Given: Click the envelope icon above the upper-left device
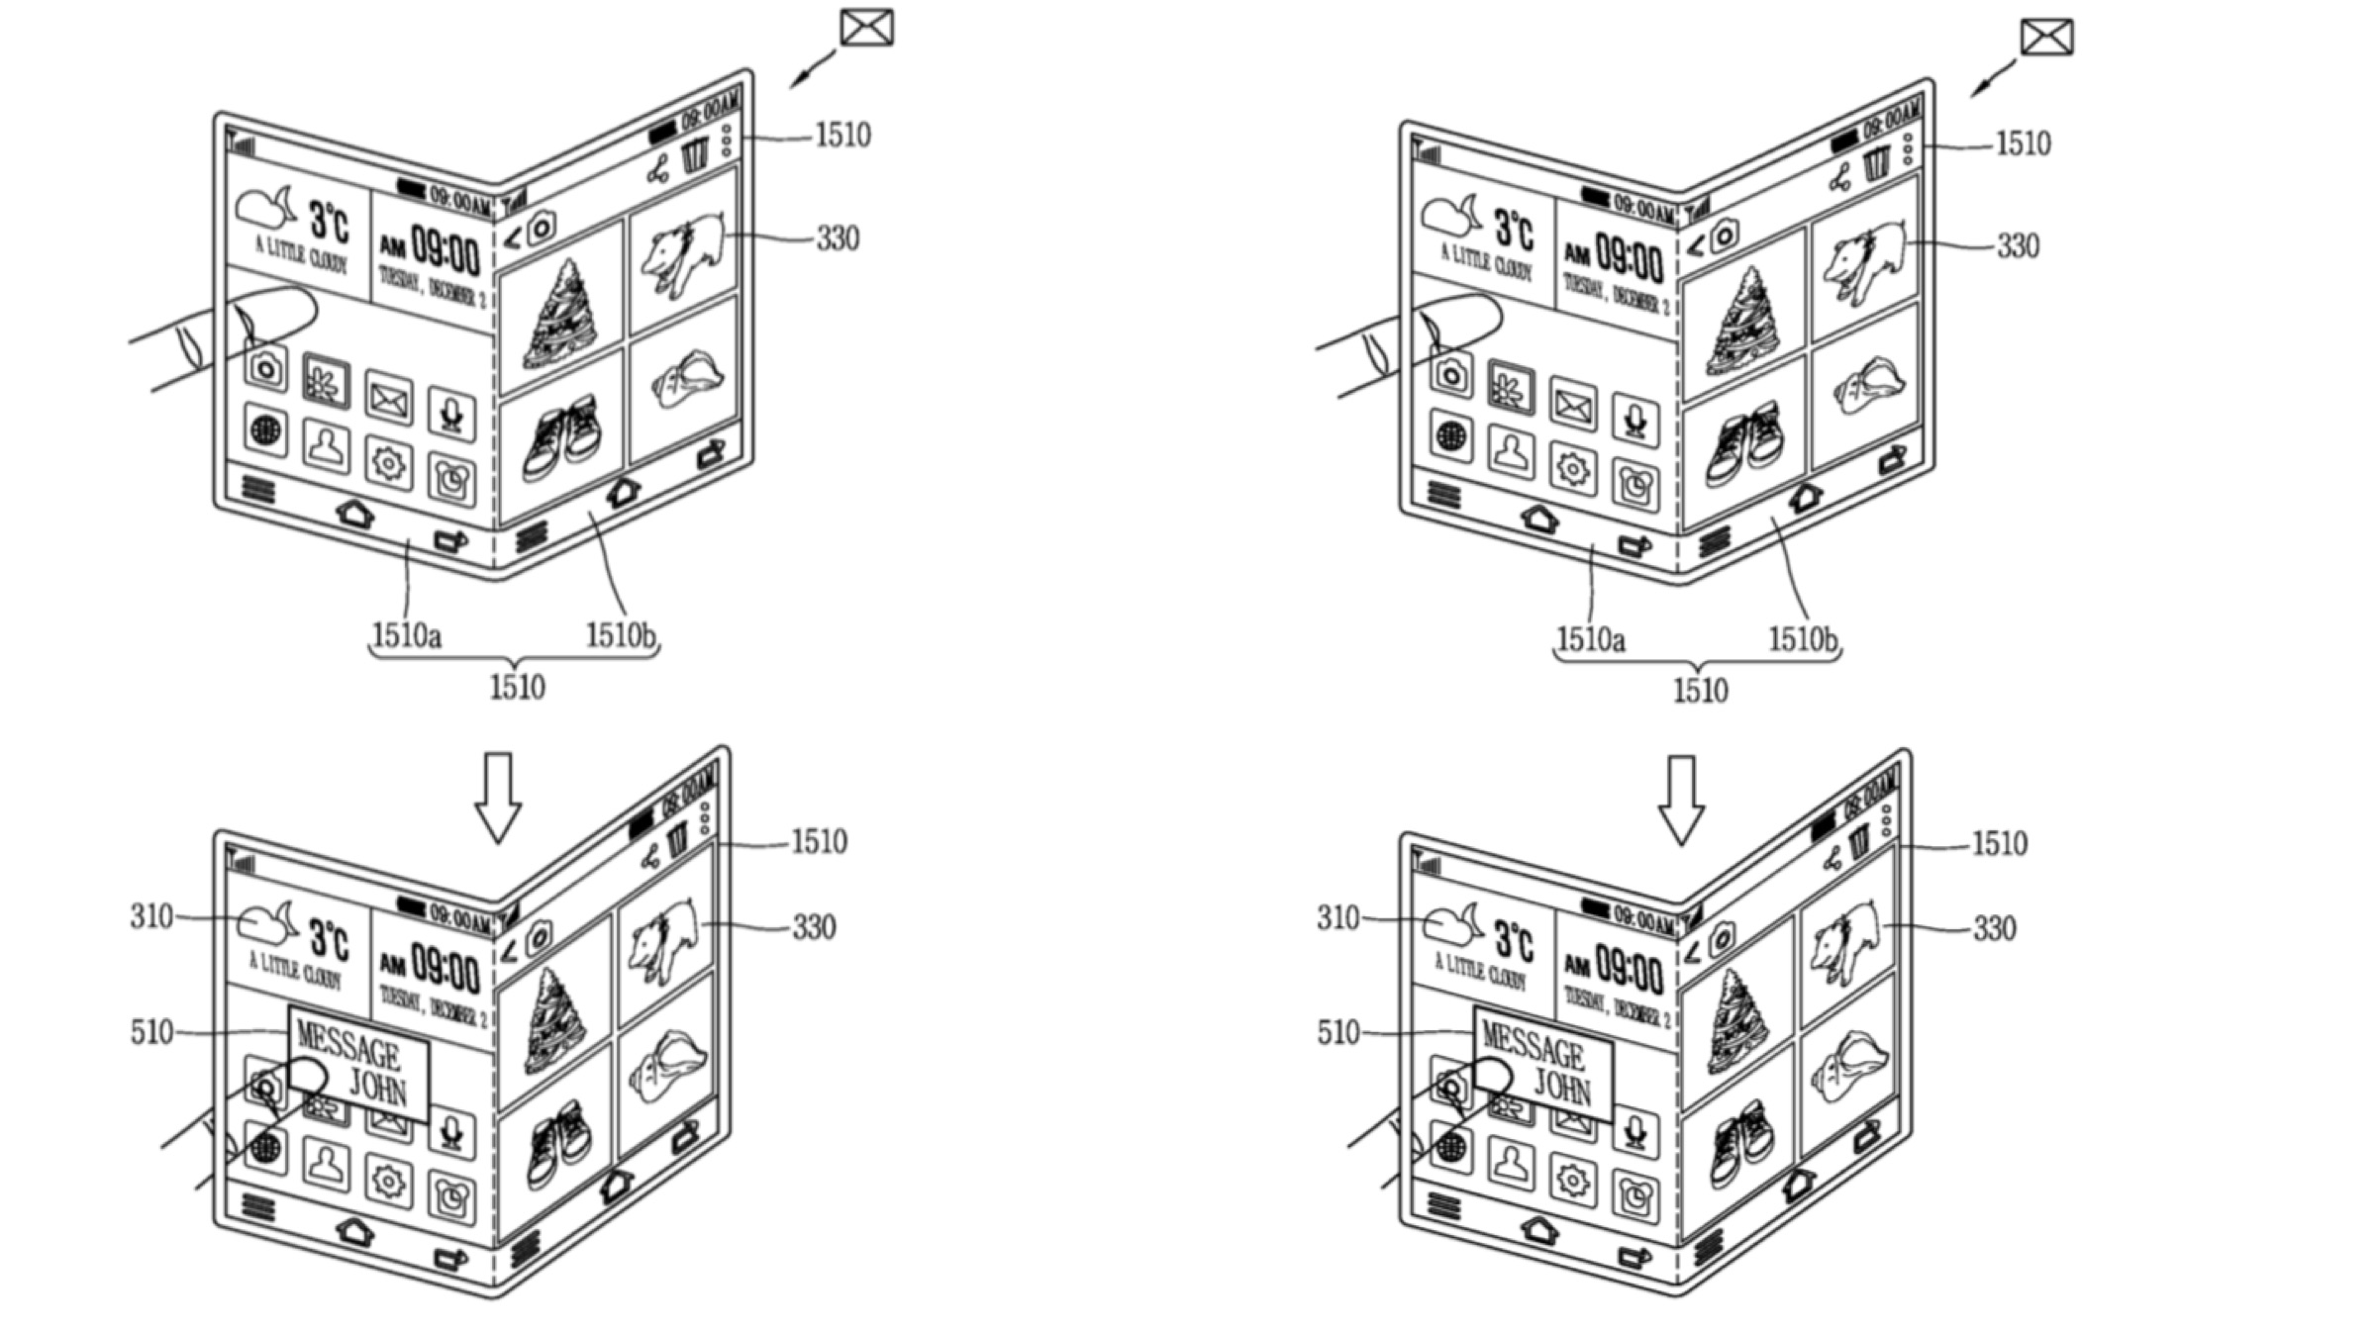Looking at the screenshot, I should tap(866, 28).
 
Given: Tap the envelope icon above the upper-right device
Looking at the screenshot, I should tap(2046, 38).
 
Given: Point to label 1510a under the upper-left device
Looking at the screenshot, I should tap(406, 635).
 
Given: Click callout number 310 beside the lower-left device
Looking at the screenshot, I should tap(151, 916).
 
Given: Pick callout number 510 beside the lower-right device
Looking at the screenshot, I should tap(1337, 1033).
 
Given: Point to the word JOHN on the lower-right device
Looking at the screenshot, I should tap(1563, 1089).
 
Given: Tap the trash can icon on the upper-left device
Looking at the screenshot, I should tap(696, 155).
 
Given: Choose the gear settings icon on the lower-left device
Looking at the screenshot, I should tap(388, 1181).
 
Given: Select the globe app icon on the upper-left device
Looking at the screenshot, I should tap(266, 431).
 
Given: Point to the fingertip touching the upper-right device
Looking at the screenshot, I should tap(1465, 319).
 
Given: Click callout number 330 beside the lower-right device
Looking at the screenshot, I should tap(1994, 928).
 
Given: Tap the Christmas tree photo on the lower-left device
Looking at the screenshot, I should tap(552, 1022).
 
